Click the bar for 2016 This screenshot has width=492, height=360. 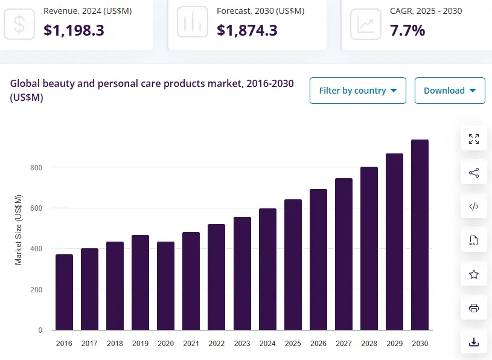click(64, 292)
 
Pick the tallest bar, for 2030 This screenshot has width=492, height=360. click(420, 235)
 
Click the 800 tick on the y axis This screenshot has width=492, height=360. click(37, 167)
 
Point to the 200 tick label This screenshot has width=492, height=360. click(37, 290)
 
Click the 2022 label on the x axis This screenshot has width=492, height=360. click(216, 344)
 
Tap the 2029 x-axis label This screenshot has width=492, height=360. click(394, 344)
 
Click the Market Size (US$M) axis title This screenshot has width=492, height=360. click(19, 229)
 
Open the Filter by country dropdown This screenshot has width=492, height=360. click(357, 91)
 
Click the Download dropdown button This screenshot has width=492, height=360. click(450, 91)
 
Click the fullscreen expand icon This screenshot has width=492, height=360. click(474, 139)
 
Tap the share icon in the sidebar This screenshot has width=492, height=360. click(474, 173)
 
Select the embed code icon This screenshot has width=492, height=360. click(474, 207)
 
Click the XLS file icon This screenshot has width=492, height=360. click(474, 241)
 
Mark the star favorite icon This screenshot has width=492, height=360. click(474, 275)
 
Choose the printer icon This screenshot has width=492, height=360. click(474, 309)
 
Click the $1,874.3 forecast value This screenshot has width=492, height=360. click(247, 30)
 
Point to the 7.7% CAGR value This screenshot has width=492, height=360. click(407, 30)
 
